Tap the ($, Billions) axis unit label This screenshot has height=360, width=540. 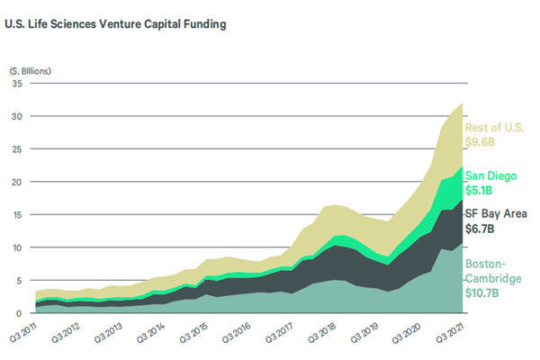[30, 69]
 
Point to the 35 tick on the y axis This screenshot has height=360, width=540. [16, 84]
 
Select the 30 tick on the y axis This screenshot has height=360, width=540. [16, 117]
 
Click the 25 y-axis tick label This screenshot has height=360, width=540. [16, 149]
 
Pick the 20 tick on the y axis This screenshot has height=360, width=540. [16, 182]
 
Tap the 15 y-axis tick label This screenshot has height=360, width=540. [16, 215]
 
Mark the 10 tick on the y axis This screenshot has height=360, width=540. [16, 247]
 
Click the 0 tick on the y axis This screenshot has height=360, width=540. [19, 313]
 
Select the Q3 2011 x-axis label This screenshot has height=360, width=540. [25, 334]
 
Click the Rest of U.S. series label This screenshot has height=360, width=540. [494, 127]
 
